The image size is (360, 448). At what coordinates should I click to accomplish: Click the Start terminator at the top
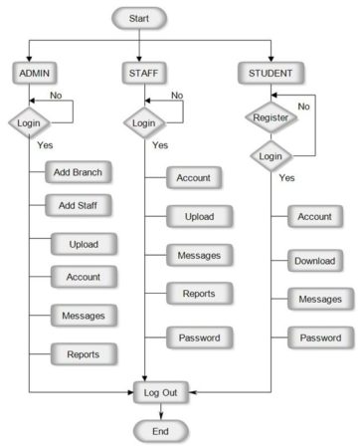click(x=139, y=18)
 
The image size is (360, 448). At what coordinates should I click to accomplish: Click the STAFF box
click(x=146, y=72)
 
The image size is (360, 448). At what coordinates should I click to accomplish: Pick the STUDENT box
click(x=270, y=72)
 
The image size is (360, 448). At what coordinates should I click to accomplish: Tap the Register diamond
click(x=270, y=118)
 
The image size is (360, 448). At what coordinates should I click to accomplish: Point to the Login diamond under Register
click(x=270, y=157)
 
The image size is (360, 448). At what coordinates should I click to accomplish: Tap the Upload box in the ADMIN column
click(x=84, y=243)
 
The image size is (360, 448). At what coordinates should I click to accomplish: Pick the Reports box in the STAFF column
click(x=192, y=293)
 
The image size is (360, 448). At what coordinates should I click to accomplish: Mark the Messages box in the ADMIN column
click(x=84, y=315)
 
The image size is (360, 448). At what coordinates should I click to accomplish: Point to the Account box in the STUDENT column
click(x=315, y=217)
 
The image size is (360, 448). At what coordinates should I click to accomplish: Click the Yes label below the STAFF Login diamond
click(x=160, y=145)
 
